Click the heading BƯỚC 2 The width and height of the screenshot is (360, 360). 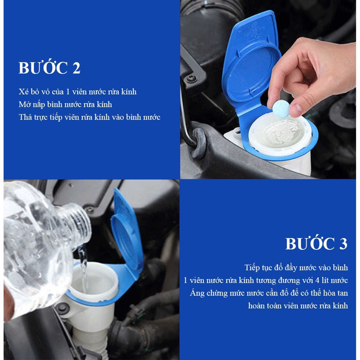point(49,68)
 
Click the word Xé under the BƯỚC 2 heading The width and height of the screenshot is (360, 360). point(23,92)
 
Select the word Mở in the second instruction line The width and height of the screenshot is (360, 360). point(24,104)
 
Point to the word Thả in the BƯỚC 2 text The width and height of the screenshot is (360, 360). point(26,117)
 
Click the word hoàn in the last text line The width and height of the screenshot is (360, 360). point(258,305)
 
